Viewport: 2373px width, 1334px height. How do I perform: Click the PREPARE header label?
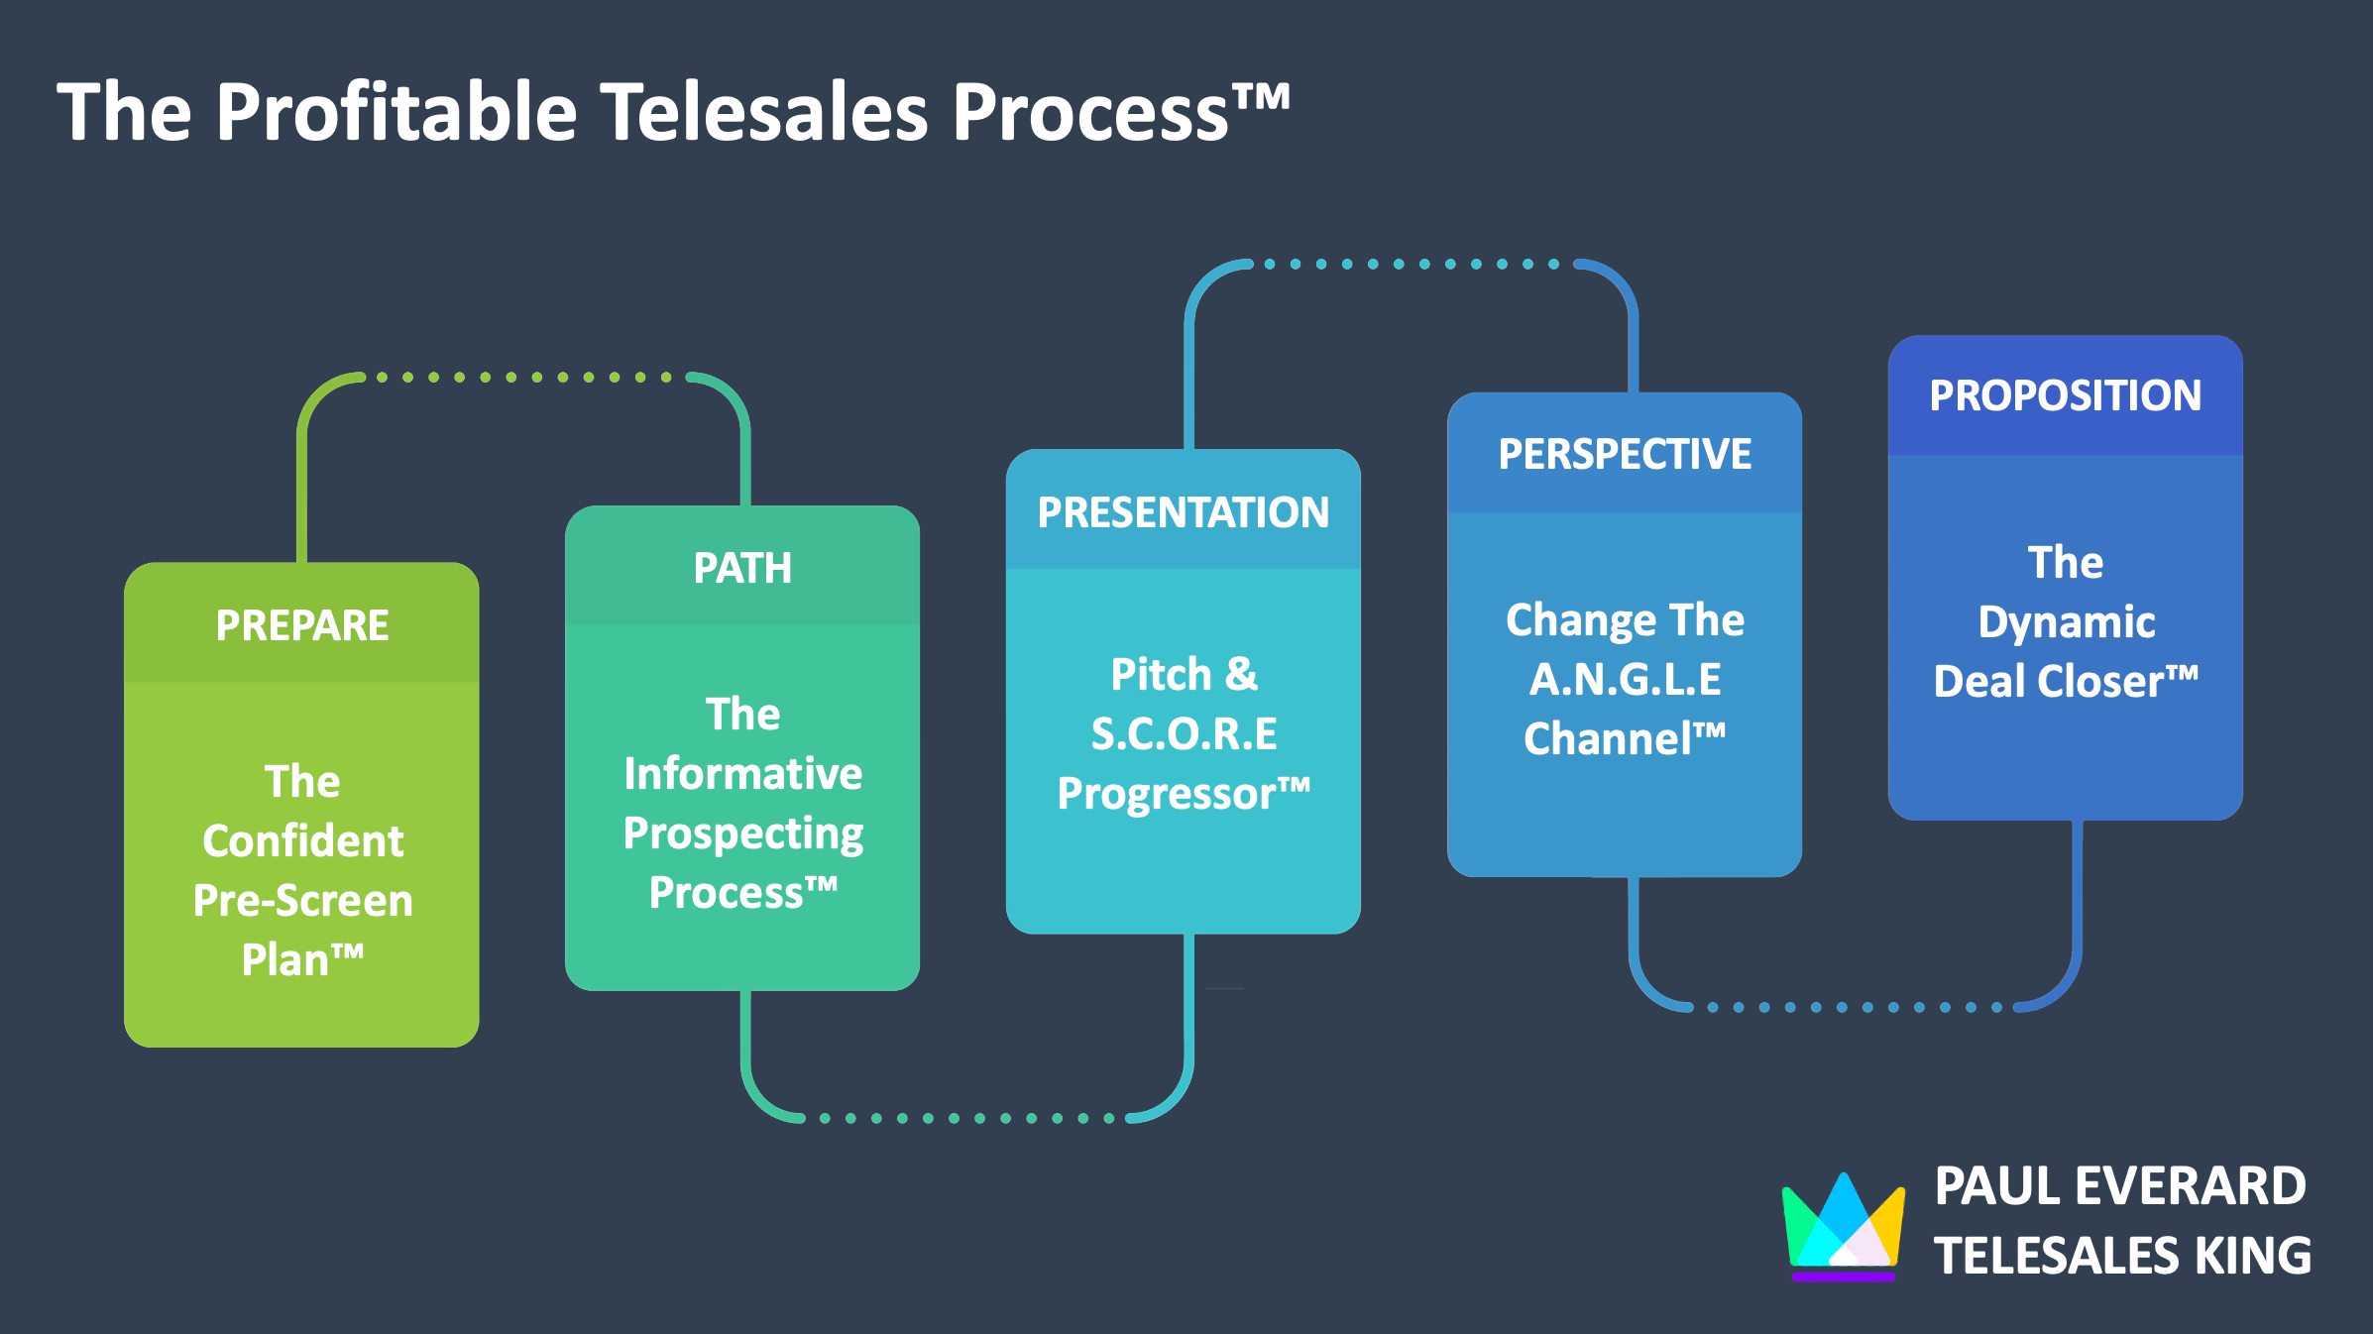[x=302, y=625]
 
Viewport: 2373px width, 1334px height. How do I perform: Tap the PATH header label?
[x=742, y=568]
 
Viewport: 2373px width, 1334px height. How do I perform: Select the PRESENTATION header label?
[x=1184, y=512]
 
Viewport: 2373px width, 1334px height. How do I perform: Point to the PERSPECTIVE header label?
[x=1625, y=454]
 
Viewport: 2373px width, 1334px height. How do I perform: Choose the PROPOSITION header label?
[x=2066, y=395]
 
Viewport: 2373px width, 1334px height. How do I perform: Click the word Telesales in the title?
[x=764, y=111]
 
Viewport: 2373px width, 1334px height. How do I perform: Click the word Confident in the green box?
[x=302, y=841]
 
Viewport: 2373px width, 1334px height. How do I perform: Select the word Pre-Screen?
[x=302, y=901]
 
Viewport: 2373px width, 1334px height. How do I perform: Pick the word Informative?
[x=742, y=773]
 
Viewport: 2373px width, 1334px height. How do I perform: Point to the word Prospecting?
[x=742, y=834]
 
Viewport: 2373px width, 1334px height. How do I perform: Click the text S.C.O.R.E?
[x=1184, y=733]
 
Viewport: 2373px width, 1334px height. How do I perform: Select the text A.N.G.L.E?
[x=1625, y=679]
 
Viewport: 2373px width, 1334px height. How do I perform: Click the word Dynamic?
[x=2067, y=623]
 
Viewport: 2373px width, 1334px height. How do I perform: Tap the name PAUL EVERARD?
[x=2120, y=1186]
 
